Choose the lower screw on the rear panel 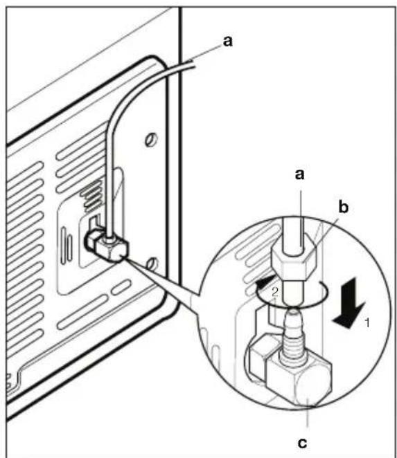pyautogui.click(x=152, y=264)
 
